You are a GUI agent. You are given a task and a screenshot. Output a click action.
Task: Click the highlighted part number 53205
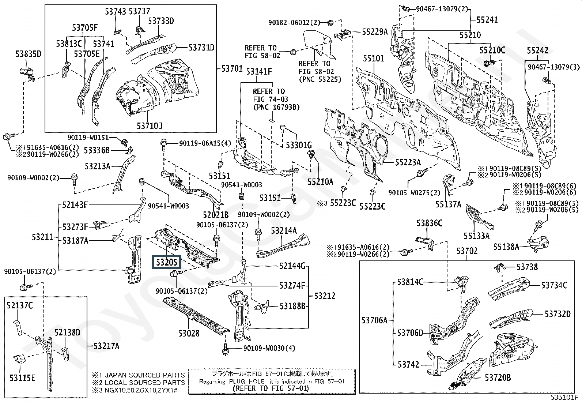point(167,262)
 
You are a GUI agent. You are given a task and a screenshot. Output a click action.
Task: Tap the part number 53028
point(189,333)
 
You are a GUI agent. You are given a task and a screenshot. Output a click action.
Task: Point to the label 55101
point(374,59)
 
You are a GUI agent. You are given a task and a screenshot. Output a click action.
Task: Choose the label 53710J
point(150,126)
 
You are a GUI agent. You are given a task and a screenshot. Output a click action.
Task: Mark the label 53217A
point(106,346)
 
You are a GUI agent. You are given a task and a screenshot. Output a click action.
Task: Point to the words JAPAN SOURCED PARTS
point(144,375)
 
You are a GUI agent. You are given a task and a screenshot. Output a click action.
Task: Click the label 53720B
point(498,377)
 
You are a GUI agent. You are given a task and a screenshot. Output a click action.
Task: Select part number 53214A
point(284,230)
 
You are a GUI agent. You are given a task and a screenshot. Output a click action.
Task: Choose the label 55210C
point(492,50)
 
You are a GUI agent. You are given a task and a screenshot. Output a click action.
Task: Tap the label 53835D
point(29,55)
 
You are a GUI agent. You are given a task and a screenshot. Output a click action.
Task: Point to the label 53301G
point(299,145)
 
